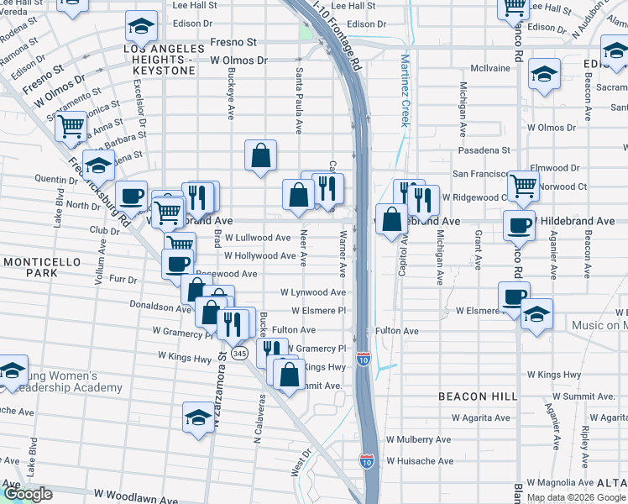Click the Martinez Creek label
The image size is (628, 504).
[406, 91]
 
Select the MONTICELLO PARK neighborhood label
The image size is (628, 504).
[41, 268]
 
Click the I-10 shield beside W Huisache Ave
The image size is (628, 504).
[367, 461]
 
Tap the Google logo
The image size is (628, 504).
[27, 494]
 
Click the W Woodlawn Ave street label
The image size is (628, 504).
[135, 493]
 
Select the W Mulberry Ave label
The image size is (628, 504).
[418, 439]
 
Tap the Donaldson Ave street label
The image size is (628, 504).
[160, 307]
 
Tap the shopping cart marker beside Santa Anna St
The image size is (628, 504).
[71, 125]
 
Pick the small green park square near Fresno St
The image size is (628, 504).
[305, 32]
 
